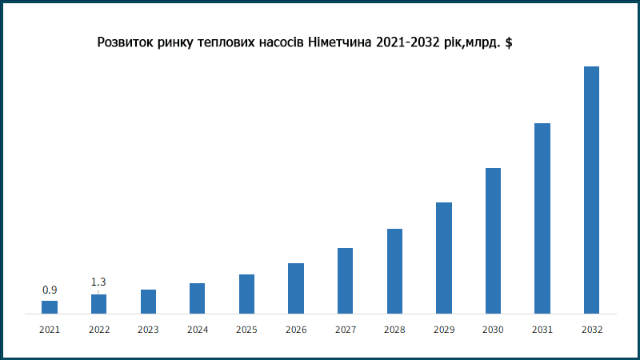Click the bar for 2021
50,306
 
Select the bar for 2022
99,304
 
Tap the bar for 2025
246,294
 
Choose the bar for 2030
493,240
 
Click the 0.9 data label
50,290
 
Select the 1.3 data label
98,282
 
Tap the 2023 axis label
148,330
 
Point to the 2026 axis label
296,330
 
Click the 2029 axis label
444,330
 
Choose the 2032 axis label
592,330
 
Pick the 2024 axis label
198,330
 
